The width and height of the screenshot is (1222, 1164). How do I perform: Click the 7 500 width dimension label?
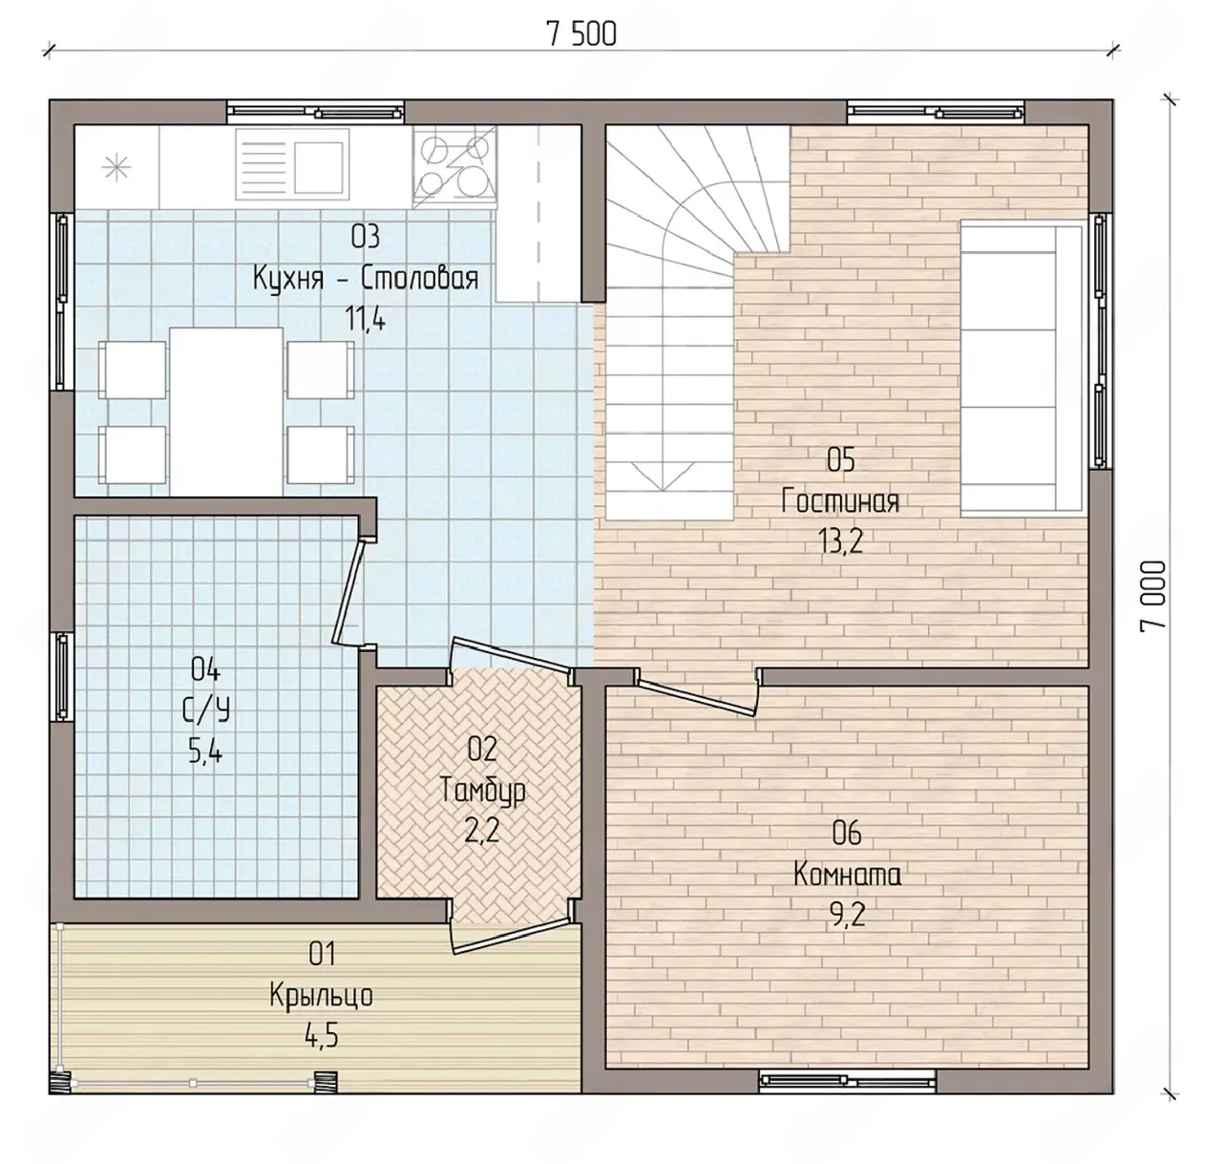(581, 34)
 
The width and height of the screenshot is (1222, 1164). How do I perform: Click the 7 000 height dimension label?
(1152, 597)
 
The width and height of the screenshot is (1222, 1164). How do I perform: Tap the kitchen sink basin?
(318, 168)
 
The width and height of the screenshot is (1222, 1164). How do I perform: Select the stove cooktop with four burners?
(455, 167)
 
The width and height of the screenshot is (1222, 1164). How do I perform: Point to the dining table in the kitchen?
(226, 412)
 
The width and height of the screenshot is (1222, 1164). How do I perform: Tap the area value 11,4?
(366, 320)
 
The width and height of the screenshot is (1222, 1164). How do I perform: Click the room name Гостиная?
(840, 500)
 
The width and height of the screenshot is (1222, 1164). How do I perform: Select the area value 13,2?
(841, 541)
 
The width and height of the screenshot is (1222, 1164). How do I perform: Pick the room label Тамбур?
(482, 791)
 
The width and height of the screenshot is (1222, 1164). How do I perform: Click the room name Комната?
(847, 875)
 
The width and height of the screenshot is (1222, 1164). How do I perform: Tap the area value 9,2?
(848, 916)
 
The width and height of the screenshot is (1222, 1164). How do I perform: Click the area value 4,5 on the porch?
(322, 1036)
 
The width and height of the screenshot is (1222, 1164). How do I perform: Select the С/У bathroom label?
(206, 710)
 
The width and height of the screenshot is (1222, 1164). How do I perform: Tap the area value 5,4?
(205, 752)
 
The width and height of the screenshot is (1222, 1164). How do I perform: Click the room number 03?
(366, 237)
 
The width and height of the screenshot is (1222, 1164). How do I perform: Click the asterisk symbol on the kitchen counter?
(116, 168)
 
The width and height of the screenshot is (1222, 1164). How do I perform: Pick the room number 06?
(847, 834)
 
